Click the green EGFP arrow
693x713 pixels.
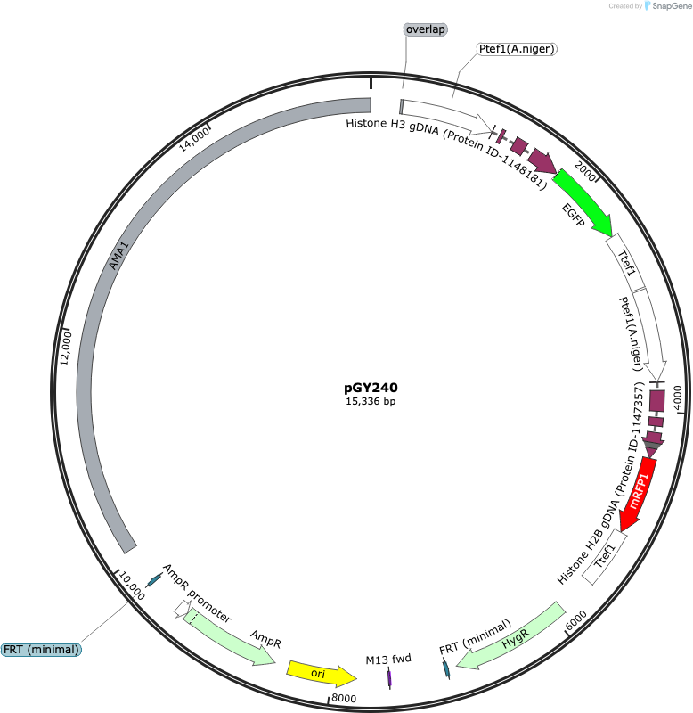coord(584,202)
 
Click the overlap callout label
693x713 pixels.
coord(426,29)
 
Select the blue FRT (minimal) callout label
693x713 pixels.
coord(41,650)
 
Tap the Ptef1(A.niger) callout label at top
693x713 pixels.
coord(517,49)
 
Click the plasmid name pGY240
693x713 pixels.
coord(371,388)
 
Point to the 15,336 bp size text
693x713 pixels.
coord(371,401)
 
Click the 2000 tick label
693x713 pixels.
coord(584,171)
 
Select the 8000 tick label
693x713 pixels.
coord(344,698)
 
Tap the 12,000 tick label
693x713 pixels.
coord(66,348)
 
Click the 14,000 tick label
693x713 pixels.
coord(194,139)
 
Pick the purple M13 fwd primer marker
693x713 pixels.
coord(389,678)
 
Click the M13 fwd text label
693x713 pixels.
coord(388,659)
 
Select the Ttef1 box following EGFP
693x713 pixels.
coord(625,263)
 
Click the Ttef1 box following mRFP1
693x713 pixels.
coord(605,558)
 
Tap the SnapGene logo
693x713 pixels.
coord(668,6)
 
